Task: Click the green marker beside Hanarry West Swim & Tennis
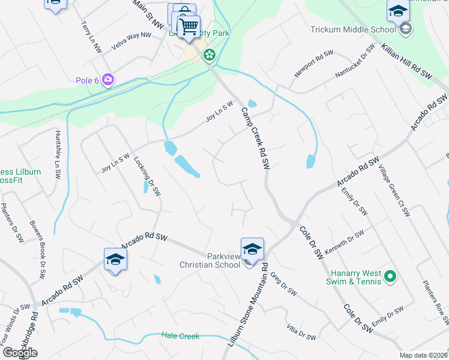pyautogui.click(x=390, y=277)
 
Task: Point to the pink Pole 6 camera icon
pyautogui.click(x=108, y=79)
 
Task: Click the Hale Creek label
pyautogui.click(x=180, y=336)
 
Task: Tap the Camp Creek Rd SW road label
pyautogui.click(x=255, y=138)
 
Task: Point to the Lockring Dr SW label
pyautogui.click(x=148, y=177)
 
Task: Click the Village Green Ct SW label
pyautogui.click(x=394, y=191)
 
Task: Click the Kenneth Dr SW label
pyautogui.click(x=344, y=242)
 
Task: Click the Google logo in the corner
pyautogui.click(x=20, y=353)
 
